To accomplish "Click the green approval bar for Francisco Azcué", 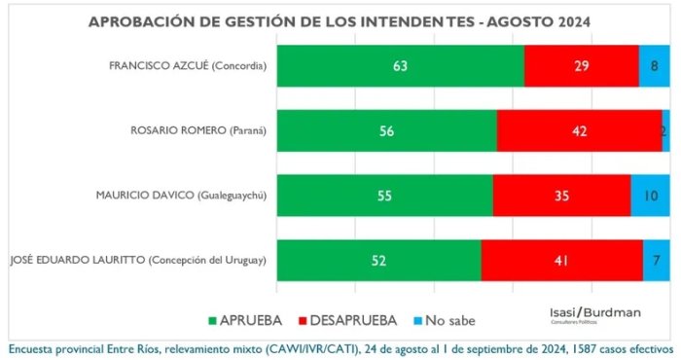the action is pyautogui.click(x=401, y=65).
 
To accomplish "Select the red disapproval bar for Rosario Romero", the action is pyautogui.click(x=580, y=130).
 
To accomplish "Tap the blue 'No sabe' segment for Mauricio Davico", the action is pyautogui.click(x=650, y=196).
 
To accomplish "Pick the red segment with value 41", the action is pyautogui.click(x=562, y=260).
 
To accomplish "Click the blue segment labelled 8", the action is pyautogui.click(x=654, y=65).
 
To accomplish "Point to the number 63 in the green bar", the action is pyautogui.click(x=400, y=65).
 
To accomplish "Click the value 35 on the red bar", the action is pyautogui.click(x=561, y=196).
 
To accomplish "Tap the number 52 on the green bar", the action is pyautogui.click(x=378, y=260).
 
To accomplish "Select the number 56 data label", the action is pyautogui.click(x=386, y=130).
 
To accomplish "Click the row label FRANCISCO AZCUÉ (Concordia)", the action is pyautogui.click(x=188, y=66).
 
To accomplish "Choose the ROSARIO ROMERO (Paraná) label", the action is pyautogui.click(x=198, y=130).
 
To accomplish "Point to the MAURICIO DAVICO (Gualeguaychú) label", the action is pyautogui.click(x=181, y=196).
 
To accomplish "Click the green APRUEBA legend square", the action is pyautogui.click(x=212, y=321).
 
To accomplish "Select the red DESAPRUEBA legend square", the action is pyautogui.click(x=303, y=321).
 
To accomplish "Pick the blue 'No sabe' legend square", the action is pyautogui.click(x=417, y=321).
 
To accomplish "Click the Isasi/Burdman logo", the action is pyautogui.click(x=595, y=315).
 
